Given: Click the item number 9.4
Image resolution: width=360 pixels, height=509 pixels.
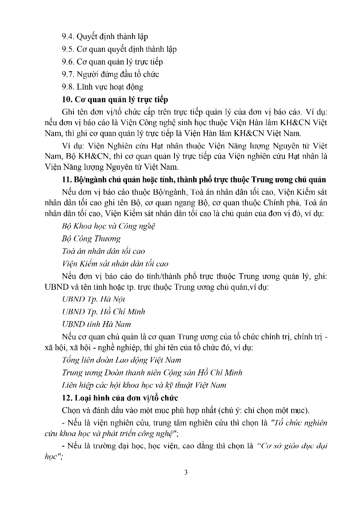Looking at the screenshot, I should pos(68,36).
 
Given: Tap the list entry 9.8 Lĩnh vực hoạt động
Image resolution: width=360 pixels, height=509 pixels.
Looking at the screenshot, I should pos(102,87).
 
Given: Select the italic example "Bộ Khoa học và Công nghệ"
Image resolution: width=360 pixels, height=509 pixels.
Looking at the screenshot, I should pos(108,226).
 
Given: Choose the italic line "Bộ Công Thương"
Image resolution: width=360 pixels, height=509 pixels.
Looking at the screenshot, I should pos(91,239).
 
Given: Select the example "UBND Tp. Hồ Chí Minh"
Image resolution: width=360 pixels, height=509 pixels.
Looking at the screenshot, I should pos(103,311).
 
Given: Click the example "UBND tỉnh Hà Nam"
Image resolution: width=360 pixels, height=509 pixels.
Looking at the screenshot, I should pos(96,324).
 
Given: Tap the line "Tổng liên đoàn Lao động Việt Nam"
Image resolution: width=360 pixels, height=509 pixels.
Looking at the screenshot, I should pos(121,360).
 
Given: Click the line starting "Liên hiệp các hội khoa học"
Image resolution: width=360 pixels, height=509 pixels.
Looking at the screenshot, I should pos(143,385).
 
